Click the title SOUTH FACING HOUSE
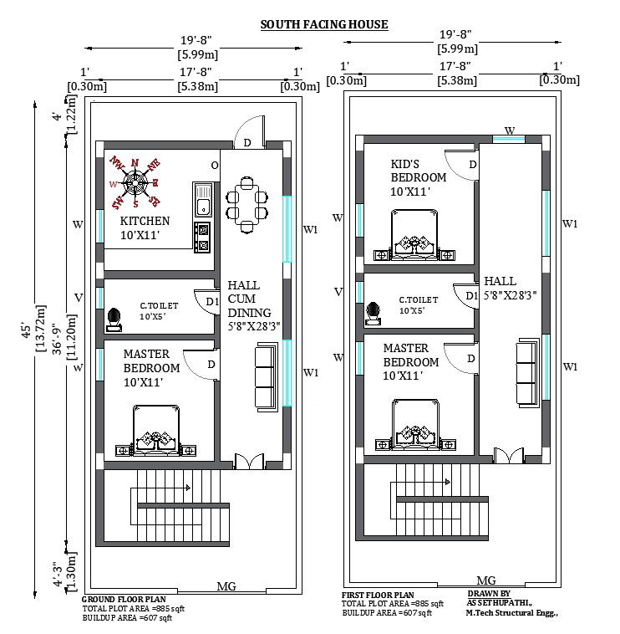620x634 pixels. click(323, 24)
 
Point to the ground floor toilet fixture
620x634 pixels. click(113, 318)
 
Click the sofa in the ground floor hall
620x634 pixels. click(265, 378)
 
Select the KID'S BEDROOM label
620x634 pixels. click(418, 177)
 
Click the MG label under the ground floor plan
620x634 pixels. click(226, 586)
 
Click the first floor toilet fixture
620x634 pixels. click(374, 313)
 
